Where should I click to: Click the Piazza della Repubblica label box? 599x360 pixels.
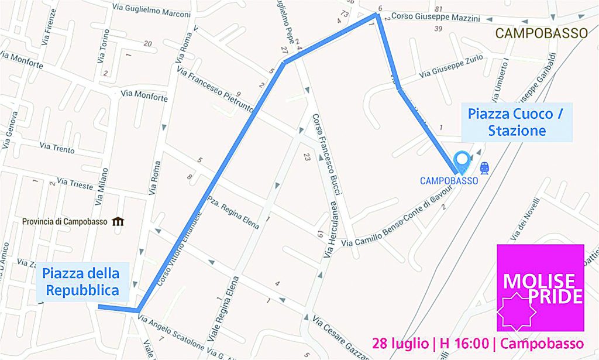(81, 282)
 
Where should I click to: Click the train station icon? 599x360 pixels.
(484, 169)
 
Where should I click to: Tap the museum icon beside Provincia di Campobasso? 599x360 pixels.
(118, 221)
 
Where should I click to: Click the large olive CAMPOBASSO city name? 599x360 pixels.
(541, 33)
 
